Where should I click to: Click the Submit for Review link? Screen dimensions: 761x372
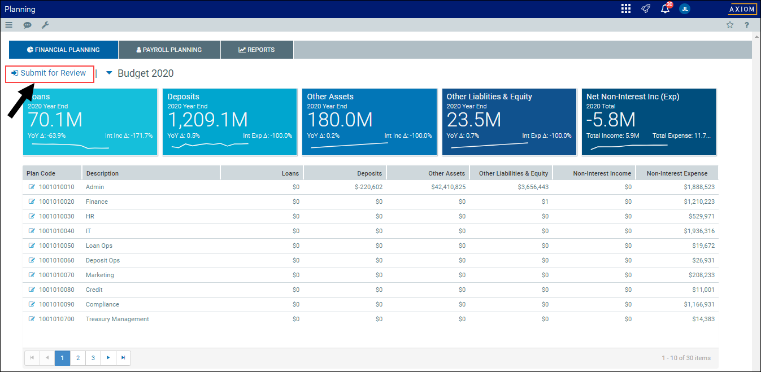49,73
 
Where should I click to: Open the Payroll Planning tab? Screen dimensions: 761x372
169,50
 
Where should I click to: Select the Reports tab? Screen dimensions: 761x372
257,50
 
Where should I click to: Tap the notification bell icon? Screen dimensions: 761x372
665,9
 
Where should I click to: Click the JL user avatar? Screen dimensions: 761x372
685,9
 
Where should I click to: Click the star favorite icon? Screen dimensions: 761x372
730,25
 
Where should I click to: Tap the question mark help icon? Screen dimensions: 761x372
747,25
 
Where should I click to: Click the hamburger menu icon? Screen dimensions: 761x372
9,25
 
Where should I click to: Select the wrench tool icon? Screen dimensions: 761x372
45,25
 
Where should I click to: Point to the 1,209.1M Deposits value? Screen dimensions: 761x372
207,120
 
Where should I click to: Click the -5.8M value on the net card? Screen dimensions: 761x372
611,120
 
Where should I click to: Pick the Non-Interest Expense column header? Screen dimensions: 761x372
677,173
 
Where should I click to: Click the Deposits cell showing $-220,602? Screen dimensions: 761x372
368,187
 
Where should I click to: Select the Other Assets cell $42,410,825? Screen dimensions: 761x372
449,187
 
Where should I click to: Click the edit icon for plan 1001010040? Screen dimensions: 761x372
32,231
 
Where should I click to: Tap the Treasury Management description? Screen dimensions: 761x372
117,319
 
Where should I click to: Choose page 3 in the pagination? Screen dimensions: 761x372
93,358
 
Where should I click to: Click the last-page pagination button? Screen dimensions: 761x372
123,358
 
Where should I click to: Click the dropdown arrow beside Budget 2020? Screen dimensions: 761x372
109,73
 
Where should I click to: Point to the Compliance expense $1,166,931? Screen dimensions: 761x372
699,304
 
